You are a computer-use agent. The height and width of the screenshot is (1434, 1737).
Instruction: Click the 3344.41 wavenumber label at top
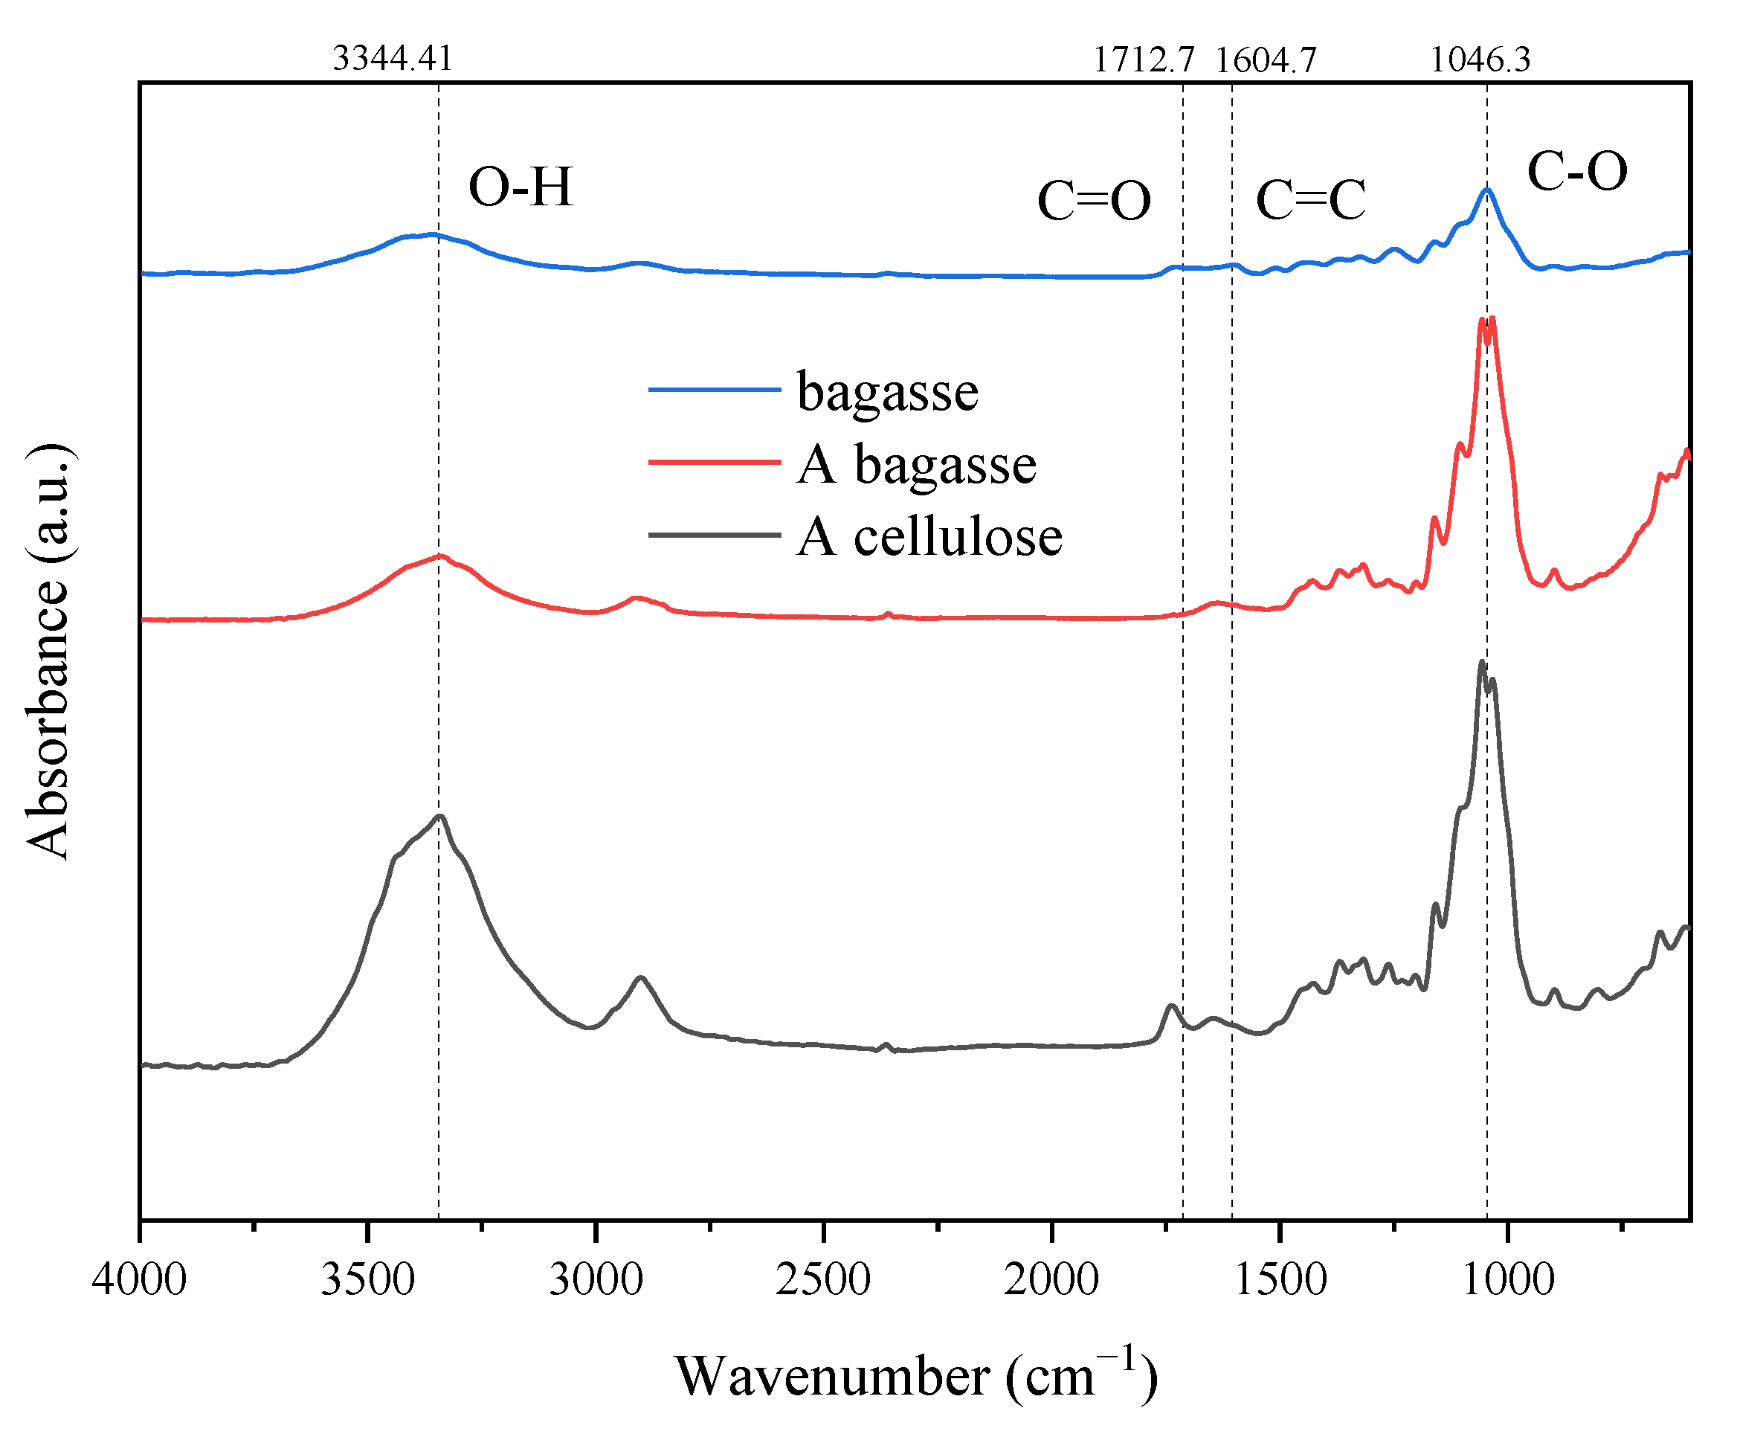pos(393,59)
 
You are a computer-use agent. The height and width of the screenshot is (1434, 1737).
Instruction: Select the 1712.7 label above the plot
pos(1143,60)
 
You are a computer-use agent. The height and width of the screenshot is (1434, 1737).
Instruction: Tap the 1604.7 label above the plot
pos(1266,60)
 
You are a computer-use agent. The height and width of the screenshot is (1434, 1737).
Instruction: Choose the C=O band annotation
pos(1094,201)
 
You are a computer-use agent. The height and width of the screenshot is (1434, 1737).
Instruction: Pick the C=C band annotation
pos(1310,200)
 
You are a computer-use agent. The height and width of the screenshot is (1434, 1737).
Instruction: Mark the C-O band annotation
pos(1577,172)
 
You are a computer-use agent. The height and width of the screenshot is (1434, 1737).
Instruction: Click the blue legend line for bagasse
pos(715,389)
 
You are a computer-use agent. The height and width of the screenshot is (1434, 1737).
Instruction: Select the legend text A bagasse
pos(916,464)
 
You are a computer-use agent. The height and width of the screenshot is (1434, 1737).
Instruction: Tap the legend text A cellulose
pos(929,537)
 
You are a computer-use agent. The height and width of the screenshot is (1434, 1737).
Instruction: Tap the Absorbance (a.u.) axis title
pos(47,652)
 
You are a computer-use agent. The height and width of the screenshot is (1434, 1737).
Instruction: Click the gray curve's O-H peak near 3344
pos(440,816)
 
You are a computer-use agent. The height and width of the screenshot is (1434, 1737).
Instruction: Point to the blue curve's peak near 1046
pos(1486,190)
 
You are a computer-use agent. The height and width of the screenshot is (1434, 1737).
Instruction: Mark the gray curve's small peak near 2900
pos(640,977)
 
